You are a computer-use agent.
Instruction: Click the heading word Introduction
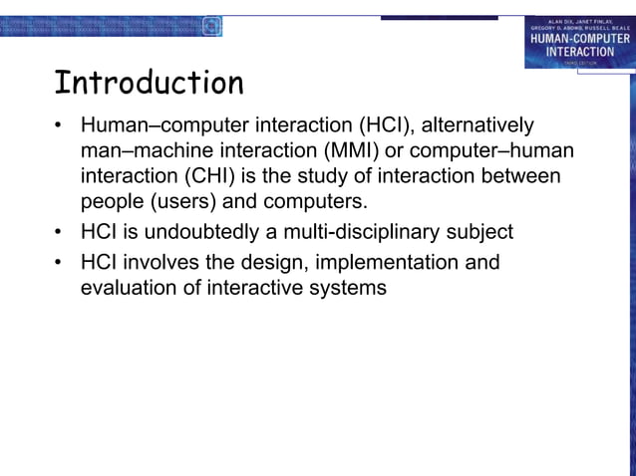[149, 83]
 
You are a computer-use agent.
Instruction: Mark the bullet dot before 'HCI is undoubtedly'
[60, 233]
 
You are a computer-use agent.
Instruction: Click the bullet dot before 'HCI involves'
[60, 263]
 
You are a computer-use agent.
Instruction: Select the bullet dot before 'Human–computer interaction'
[60, 127]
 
